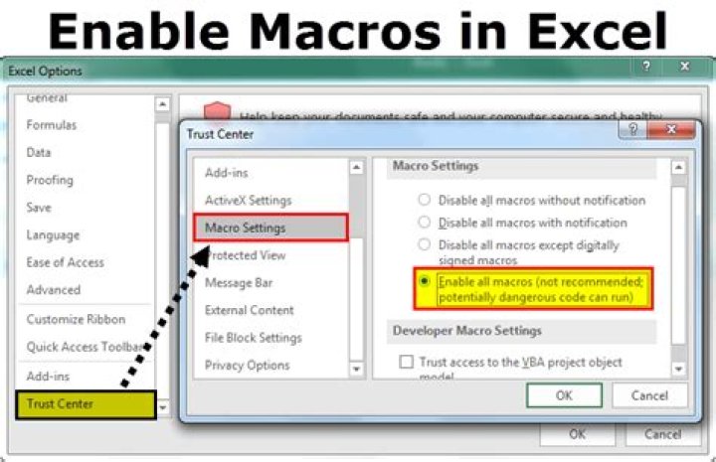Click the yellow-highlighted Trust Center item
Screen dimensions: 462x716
tap(85, 404)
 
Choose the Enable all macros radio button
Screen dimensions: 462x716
tap(426, 282)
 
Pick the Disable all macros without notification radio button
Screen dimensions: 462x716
tap(426, 201)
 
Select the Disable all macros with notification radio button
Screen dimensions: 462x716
tap(426, 223)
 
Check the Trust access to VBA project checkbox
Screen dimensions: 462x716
tap(406, 363)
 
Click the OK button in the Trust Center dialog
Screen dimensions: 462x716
tap(564, 395)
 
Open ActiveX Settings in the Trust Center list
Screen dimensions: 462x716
tap(248, 201)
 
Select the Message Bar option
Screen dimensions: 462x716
tap(239, 283)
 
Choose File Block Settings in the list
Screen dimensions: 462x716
tap(253, 338)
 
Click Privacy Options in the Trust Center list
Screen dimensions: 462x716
tap(247, 365)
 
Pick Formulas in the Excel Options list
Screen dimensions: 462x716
tap(51, 125)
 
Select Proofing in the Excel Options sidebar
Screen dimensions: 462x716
tap(50, 180)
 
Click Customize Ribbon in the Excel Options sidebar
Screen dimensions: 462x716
tap(76, 319)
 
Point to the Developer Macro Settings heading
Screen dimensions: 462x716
tap(466, 331)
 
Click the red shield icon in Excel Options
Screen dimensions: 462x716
tap(217, 112)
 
